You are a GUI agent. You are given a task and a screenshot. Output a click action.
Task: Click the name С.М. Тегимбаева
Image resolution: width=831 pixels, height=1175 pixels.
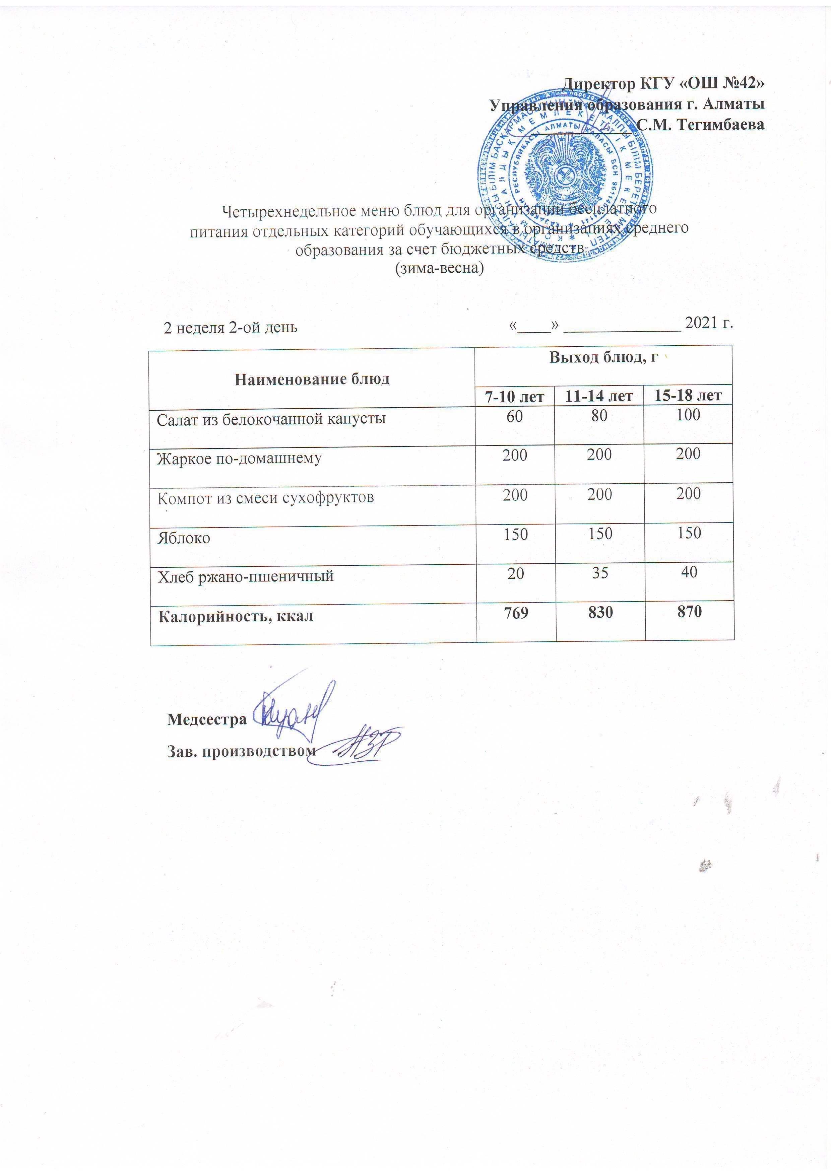point(700,124)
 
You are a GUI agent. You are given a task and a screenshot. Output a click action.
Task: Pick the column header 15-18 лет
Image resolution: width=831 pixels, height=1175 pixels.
point(688,395)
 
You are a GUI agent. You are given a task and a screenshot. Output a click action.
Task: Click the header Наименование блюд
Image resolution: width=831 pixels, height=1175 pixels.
point(312,379)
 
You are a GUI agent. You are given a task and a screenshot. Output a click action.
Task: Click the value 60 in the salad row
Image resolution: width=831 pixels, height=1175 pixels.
point(515,416)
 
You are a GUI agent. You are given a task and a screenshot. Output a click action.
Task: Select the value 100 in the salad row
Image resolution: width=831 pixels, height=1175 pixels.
point(688,415)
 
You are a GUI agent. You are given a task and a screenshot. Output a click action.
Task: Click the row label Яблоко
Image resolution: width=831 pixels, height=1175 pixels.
point(184,538)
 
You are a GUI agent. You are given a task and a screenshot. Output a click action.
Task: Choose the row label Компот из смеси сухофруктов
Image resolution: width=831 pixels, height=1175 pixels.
point(265,498)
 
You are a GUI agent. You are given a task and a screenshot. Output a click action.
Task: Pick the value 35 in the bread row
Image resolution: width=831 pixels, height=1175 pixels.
point(600,573)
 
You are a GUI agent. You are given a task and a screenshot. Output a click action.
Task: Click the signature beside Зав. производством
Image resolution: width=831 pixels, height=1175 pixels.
point(359,747)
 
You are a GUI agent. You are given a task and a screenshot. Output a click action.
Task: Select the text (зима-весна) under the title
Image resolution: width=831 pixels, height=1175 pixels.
point(439,268)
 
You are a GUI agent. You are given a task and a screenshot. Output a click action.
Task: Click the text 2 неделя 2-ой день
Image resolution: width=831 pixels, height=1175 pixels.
point(231,328)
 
